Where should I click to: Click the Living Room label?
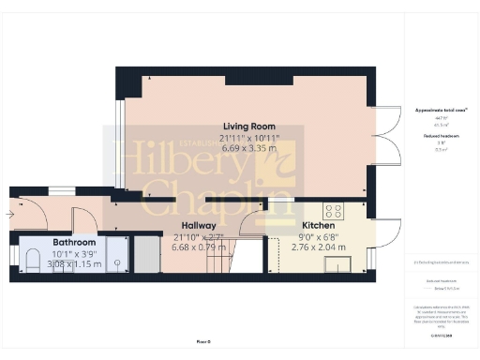coord(248,126)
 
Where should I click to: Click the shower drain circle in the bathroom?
coord(116,263)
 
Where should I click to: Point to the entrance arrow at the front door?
coord(9,215)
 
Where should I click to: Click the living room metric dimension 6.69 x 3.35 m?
coord(248,148)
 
